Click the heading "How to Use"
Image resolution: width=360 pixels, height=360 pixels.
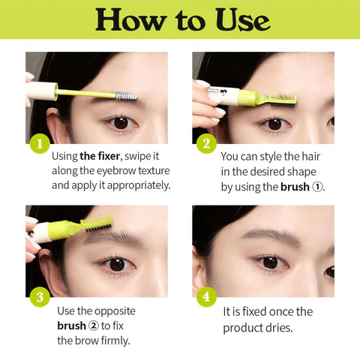tap(180, 19)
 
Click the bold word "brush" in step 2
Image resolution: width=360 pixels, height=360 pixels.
tap(295, 187)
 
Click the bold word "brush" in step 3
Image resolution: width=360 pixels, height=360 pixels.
tap(72, 325)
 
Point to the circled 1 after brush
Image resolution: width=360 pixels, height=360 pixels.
tap(318, 187)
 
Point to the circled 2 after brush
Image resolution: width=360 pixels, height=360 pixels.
tap(95, 325)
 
